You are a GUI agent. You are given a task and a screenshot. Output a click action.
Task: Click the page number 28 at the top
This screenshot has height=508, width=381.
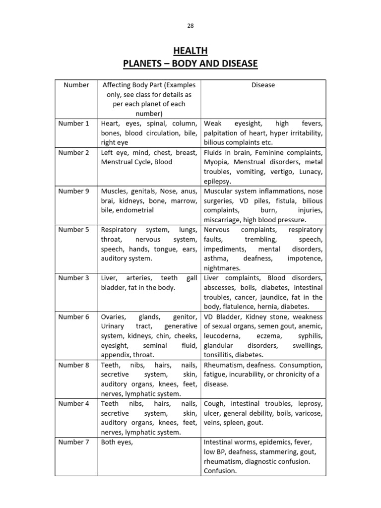[x=190, y=26]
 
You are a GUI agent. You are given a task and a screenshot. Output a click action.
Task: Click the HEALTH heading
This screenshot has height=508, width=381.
[x=190, y=51]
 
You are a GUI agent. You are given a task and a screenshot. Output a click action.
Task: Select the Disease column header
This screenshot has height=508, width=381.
[x=263, y=85]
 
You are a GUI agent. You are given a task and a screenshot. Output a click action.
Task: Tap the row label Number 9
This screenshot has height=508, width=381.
[x=74, y=191]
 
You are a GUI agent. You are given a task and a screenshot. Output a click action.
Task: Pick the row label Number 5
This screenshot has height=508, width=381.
[x=74, y=230]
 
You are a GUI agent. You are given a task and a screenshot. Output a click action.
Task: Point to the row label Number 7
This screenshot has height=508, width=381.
[x=74, y=442]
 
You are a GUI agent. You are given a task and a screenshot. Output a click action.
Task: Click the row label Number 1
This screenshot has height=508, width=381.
[x=74, y=124]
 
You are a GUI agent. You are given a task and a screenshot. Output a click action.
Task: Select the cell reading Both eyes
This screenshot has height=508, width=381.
[x=117, y=442]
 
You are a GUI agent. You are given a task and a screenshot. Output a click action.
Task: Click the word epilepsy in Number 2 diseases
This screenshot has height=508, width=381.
[x=217, y=182]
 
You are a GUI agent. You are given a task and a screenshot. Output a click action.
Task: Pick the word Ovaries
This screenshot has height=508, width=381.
[x=114, y=317]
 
